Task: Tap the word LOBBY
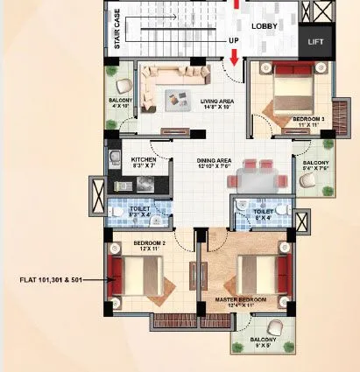(265, 26)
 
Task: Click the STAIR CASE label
(116, 30)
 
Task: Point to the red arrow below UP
(235, 59)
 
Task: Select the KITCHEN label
(144, 162)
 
